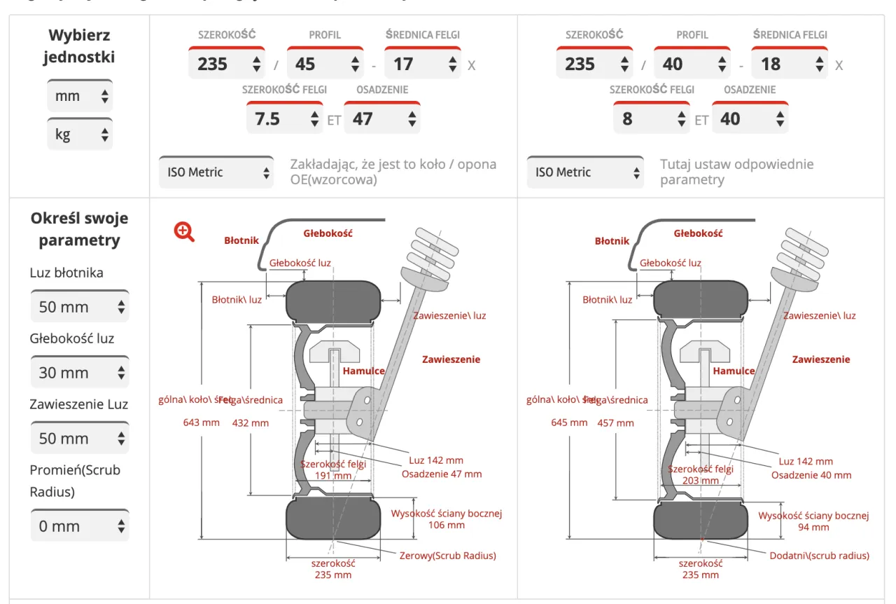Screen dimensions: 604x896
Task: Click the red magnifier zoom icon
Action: click(x=184, y=231)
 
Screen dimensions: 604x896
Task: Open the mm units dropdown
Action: click(x=79, y=96)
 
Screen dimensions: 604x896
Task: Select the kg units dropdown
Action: click(x=79, y=134)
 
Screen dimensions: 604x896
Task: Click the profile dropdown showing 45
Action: click(x=324, y=64)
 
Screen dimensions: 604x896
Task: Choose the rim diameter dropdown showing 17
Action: click(x=422, y=64)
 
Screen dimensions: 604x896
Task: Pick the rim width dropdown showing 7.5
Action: click(x=283, y=119)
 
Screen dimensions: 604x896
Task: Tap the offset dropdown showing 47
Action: click(x=381, y=119)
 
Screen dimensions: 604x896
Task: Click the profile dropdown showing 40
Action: click(x=692, y=64)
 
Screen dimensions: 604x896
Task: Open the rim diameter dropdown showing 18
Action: click(x=790, y=64)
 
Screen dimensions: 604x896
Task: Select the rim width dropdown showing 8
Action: click(x=650, y=119)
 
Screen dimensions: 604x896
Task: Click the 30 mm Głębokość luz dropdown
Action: click(x=80, y=373)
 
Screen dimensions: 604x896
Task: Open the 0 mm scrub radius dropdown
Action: click(x=80, y=526)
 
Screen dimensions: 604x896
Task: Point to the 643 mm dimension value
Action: click(x=201, y=423)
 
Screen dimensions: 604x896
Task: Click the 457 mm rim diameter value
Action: click(x=615, y=423)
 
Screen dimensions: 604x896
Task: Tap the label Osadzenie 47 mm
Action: click(x=442, y=474)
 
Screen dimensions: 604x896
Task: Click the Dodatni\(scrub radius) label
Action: click(x=819, y=556)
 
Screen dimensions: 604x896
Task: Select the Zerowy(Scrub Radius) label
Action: click(x=447, y=556)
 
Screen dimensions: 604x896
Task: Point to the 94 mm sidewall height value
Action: click(x=813, y=527)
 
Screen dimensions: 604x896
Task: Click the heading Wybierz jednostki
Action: click(x=79, y=46)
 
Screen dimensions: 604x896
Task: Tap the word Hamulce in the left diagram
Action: click(x=363, y=371)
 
